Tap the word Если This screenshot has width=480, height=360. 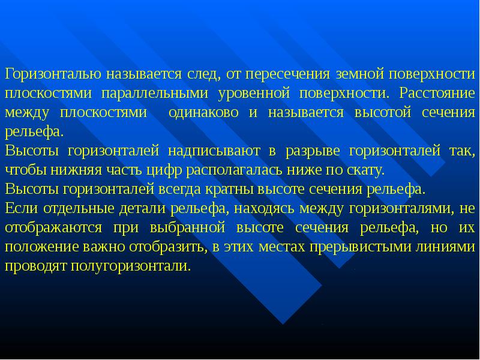[19, 208]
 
